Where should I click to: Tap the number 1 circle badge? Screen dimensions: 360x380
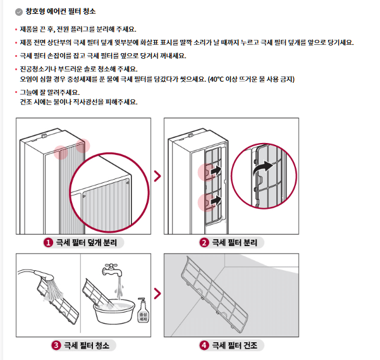coord(47,242)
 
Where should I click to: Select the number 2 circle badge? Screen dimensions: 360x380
coord(204,242)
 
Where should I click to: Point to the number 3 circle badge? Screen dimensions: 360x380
coord(56,345)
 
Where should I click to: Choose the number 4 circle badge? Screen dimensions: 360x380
coord(204,345)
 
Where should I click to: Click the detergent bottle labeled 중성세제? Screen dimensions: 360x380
coord(143,314)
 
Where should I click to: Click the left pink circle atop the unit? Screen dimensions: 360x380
coord(61,151)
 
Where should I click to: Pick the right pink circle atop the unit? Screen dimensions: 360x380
coord(83,145)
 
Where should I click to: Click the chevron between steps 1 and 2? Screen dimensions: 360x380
coord(157,175)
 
